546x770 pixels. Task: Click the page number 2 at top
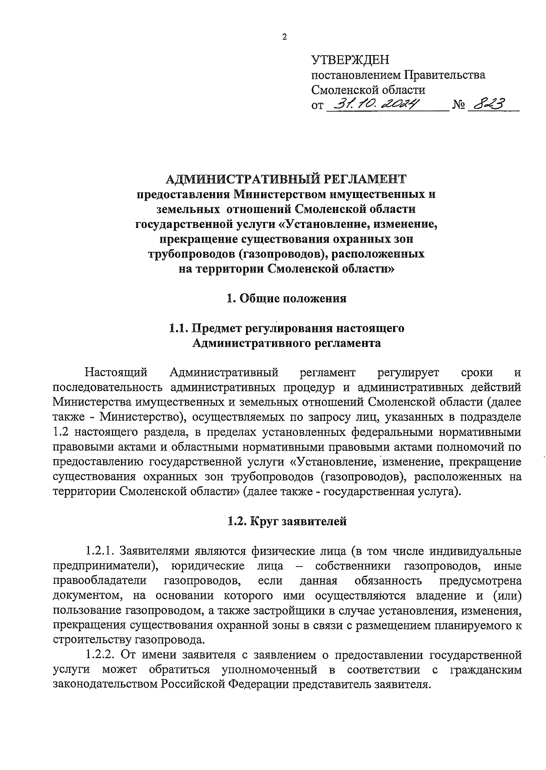pos(285,38)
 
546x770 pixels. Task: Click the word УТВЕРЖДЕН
pos(350,60)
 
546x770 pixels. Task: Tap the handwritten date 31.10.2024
pos(377,104)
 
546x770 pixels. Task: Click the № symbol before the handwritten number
pos(458,106)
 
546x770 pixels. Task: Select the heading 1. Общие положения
pos(287,299)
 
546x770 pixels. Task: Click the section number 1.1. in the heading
pos(178,328)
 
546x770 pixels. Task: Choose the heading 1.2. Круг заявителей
pos(287,522)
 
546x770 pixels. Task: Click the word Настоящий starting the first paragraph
pos(116,373)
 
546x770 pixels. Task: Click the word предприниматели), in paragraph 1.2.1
pos(105,566)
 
